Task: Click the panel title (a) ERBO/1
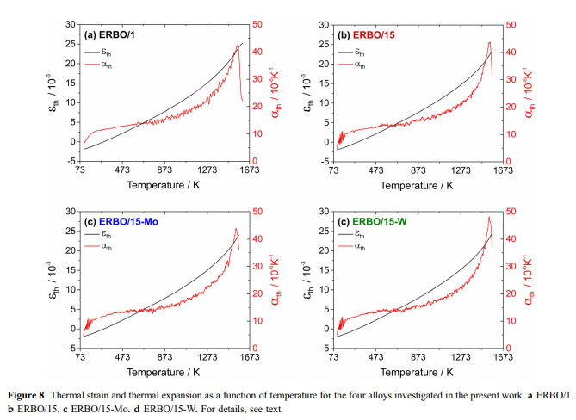[x=112, y=35]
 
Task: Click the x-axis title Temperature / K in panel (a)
[x=164, y=186]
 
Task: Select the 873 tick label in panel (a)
[x=164, y=171]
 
